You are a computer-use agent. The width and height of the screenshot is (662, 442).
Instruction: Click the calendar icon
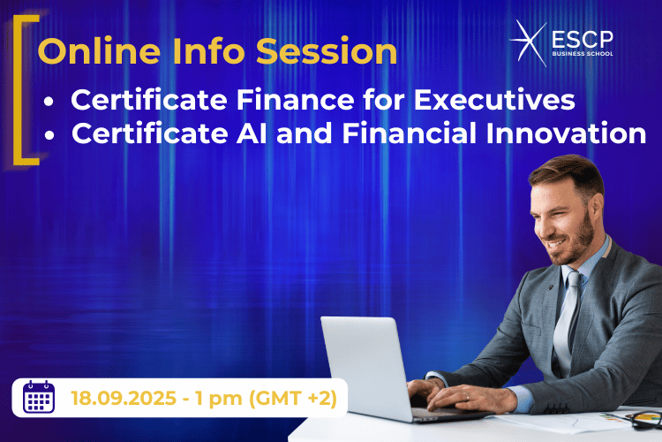(39, 397)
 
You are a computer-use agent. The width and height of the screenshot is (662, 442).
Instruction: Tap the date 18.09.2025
(125, 398)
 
